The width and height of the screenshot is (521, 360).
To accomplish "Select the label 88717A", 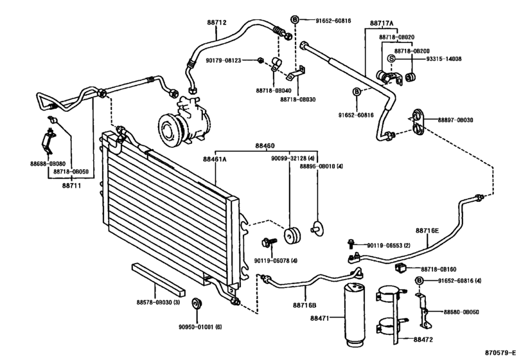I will pos(382,22).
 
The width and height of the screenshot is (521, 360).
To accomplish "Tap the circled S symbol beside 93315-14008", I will pos(391,59).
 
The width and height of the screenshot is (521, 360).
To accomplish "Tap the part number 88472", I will pos(422,339).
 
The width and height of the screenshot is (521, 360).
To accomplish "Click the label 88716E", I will pos(427,230).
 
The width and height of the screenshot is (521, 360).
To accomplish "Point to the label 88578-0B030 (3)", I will pos(157,301).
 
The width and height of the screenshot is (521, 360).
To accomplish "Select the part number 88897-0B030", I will pos(456,120).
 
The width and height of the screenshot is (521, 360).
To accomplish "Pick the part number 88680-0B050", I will pos(461,311).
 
